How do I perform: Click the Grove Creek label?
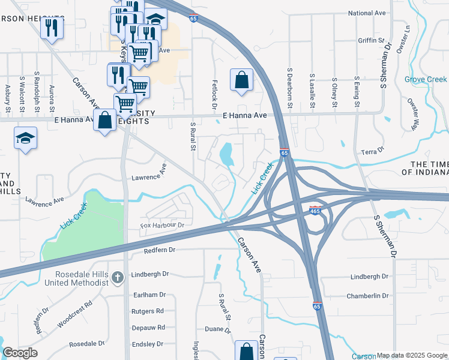click(x=425, y=79)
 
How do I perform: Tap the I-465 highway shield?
click(x=315, y=210)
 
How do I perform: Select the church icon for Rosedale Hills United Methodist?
click(x=118, y=277)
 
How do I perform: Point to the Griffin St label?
click(x=370, y=40)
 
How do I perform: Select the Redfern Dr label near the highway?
click(x=160, y=249)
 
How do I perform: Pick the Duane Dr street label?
click(x=214, y=329)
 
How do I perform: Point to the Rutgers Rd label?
click(x=148, y=311)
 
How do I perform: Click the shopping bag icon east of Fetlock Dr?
click(x=241, y=79)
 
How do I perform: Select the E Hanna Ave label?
click(x=244, y=115)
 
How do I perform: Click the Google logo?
click(x=20, y=353)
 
